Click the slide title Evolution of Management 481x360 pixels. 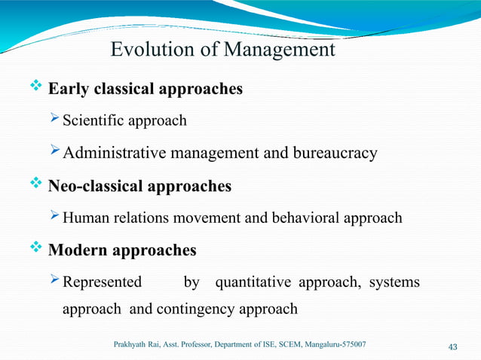(x=222, y=50)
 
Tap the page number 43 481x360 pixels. (x=452, y=346)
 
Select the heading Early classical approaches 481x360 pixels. (x=145, y=89)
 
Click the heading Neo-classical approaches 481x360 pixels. (x=139, y=185)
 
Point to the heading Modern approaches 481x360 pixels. (x=122, y=249)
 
